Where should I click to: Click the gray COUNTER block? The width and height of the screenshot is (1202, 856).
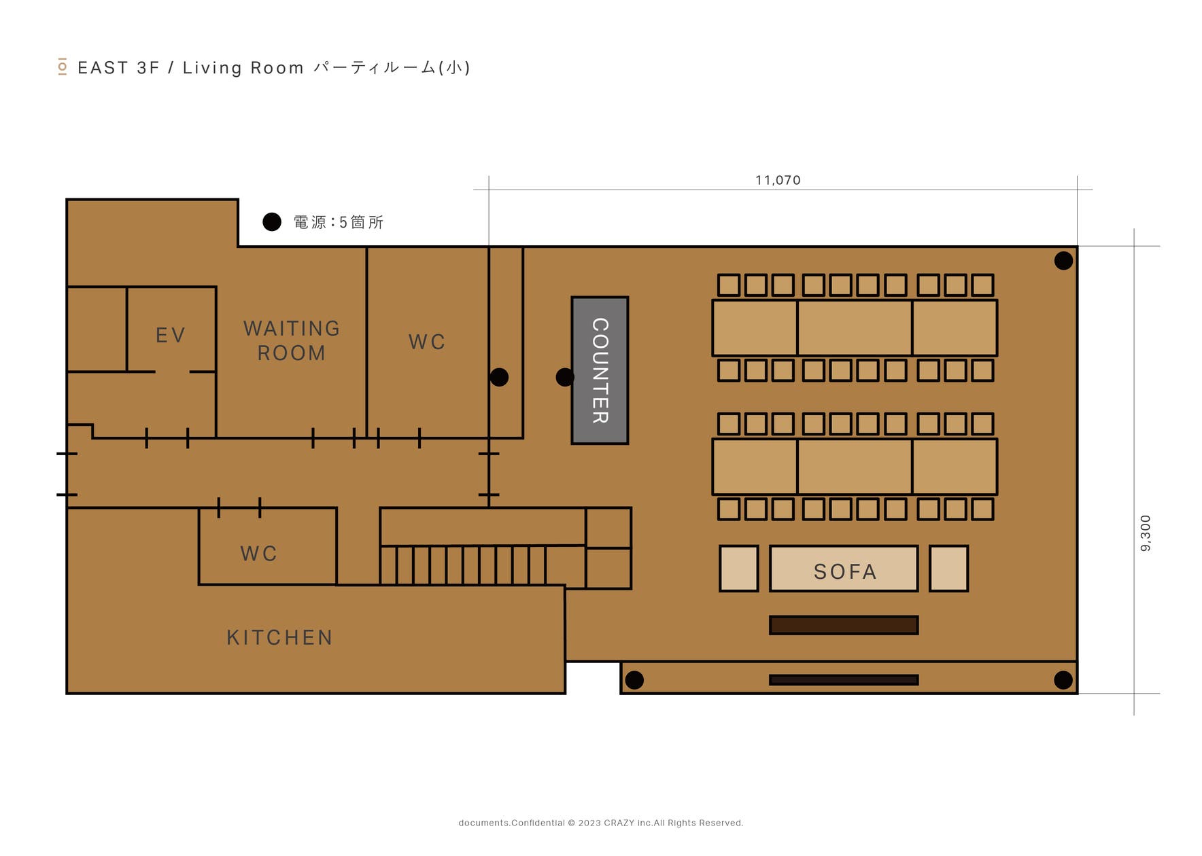click(599, 370)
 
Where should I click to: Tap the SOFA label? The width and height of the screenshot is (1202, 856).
click(844, 571)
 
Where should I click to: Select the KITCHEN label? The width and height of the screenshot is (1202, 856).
click(279, 637)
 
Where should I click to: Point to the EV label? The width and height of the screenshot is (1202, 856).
click(170, 335)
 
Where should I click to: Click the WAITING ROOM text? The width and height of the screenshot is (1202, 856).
click(292, 340)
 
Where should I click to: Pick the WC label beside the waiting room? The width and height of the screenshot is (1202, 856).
click(426, 342)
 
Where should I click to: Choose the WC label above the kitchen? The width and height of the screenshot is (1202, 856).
click(258, 553)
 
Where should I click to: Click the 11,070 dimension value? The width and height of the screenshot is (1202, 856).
click(778, 180)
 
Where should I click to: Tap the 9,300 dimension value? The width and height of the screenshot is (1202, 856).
click(1146, 533)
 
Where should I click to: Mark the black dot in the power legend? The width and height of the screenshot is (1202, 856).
click(272, 222)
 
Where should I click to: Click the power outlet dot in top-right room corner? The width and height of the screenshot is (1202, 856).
click(1063, 261)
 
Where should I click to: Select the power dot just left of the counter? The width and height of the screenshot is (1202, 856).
click(564, 377)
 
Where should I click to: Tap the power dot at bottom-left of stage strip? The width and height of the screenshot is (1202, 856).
click(634, 679)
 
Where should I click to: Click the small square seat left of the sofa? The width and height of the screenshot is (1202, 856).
click(738, 568)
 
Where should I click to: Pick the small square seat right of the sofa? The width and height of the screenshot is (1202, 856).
click(948, 568)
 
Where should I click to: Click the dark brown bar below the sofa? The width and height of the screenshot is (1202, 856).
click(843, 625)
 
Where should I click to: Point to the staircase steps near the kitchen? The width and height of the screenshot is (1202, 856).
click(462, 565)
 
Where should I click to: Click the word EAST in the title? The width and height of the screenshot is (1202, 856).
click(103, 68)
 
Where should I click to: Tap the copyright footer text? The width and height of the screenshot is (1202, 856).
click(600, 823)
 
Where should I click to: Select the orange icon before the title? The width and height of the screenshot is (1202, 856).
click(63, 67)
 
